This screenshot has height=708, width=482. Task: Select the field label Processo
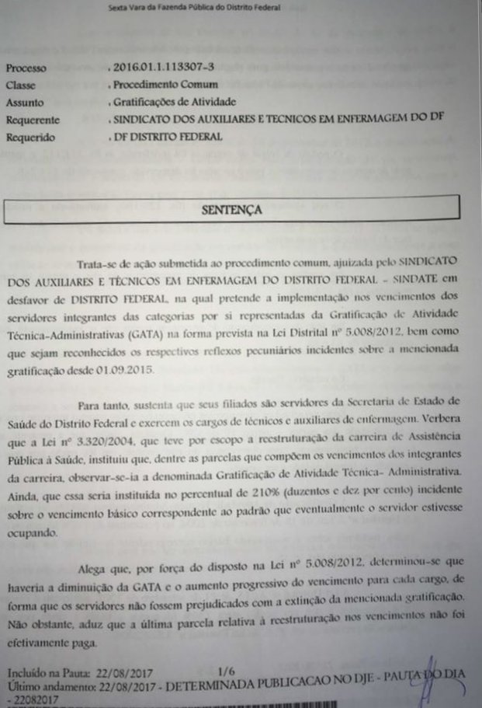[26, 68]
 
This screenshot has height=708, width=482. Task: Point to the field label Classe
[21, 85]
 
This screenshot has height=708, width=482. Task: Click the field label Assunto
[23, 103]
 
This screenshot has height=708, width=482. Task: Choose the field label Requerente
[32, 120]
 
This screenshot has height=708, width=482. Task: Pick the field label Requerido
[30, 137]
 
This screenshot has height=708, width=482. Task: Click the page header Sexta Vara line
[194, 7]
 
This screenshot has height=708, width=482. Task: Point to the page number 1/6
[226, 669]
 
